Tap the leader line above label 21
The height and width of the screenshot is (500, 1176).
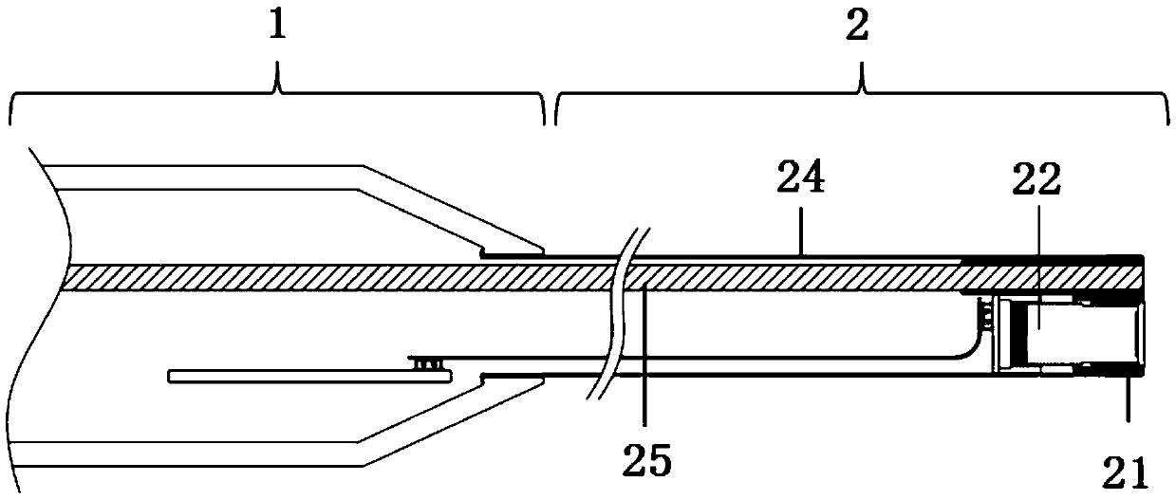1128,398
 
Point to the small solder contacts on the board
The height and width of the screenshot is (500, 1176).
426,362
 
